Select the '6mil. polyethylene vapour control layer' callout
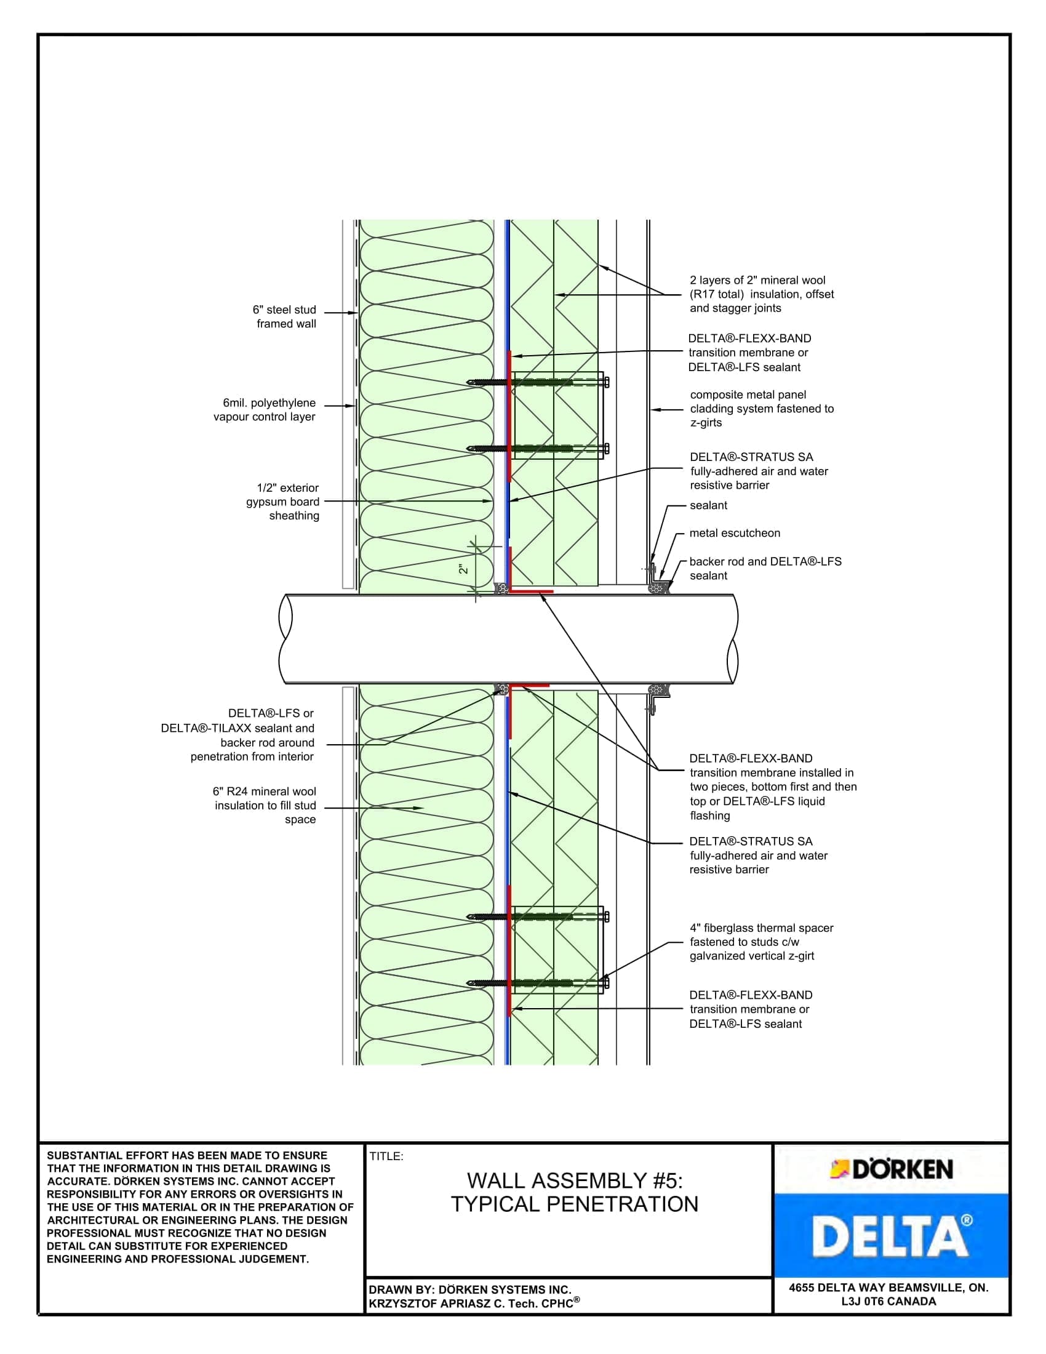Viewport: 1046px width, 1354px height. [265, 410]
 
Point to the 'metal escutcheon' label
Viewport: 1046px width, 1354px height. [735, 533]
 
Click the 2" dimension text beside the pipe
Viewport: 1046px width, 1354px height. [463, 569]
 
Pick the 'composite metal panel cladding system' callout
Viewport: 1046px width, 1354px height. [762, 409]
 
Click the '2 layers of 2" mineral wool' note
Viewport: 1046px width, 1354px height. [762, 294]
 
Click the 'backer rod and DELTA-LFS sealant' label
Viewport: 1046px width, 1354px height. [765, 569]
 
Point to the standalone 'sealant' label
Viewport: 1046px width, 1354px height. [708, 505]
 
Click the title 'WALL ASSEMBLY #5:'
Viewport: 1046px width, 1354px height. [575, 1180]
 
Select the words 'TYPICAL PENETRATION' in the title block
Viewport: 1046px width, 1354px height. [575, 1204]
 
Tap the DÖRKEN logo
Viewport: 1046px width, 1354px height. [891, 1169]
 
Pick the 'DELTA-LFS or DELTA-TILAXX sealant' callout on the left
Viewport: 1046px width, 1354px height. [238, 735]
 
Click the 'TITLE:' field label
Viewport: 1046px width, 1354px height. [386, 1156]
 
